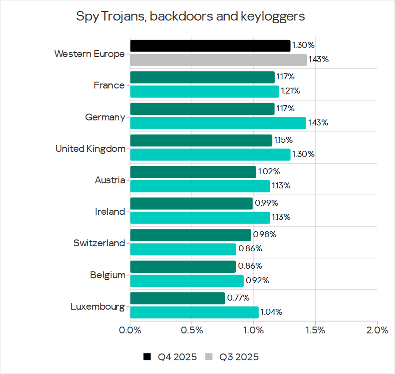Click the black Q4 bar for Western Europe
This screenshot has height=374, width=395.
[210, 46]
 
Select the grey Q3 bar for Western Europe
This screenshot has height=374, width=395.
[218, 60]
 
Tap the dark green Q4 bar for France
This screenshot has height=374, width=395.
[202, 77]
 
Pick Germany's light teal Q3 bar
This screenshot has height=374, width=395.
[218, 123]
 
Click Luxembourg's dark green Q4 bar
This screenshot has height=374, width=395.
[177, 298]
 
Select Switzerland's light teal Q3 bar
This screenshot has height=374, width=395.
[183, 249]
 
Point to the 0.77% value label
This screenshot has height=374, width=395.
[238, 298]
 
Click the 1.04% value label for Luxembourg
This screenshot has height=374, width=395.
[272, 312]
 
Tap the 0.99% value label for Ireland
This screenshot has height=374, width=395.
[266, 203]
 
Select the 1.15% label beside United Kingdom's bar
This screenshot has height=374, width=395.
[283, 140]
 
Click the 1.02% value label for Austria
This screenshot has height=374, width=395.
[269, 172]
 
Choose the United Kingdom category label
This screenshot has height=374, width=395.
[90, 149]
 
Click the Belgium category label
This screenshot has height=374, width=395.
[107, 275]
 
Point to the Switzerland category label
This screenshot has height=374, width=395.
[99, 243]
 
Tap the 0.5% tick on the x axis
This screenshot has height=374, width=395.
[192, 330]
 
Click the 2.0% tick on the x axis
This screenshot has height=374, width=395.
[377, 330]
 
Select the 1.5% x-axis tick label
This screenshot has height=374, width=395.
[315, 330]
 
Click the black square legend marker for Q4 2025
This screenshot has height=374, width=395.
[147, 357]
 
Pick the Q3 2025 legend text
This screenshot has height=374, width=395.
[239, 357]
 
